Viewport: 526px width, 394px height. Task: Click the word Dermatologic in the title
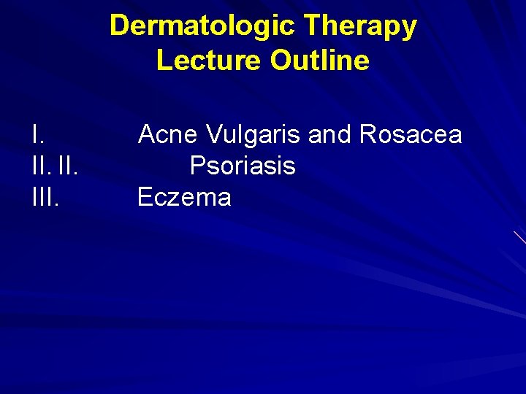pyautogui.click(x=202, y=26)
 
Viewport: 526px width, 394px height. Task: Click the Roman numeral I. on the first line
pyautogui.click(x=38, y=134)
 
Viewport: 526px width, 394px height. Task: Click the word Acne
pyautogui.click(x=168, y=134)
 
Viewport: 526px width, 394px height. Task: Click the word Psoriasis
pyautogui.click(x=243, y=166)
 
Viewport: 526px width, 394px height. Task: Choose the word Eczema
pyautogui.click(x=184, y=198)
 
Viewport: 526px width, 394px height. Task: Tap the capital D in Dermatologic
pyautogui.click(x=118, y=26)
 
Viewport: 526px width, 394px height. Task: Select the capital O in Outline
pyautogui.click(x=281, y=61)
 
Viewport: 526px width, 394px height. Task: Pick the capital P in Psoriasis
pyautogui.click(x=197, y=166)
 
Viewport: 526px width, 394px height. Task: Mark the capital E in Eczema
pyautogui.click(x=145, y=198)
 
